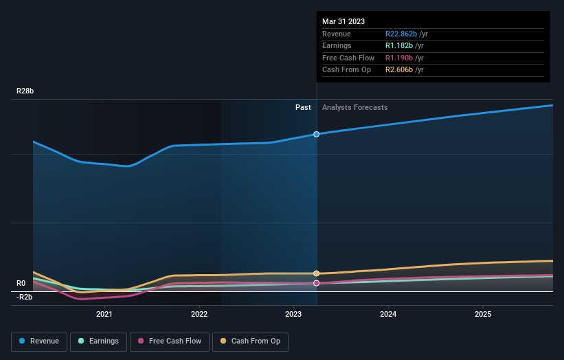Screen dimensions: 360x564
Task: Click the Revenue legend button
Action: tap(39, 341)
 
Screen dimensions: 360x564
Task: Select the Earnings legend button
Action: tap(98, 341)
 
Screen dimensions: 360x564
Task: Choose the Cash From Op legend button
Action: tap(250, 341)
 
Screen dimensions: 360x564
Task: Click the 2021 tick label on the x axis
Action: tap(104, 315)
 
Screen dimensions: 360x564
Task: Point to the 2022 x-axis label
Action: tap(199, 315)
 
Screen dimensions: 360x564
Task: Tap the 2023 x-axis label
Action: tap(293, 315)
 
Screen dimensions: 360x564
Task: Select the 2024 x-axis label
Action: tap(388, 315)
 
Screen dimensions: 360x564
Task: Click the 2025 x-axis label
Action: tap(483, 315)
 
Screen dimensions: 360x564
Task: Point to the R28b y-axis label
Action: tap(26, 91)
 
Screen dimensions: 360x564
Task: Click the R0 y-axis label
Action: tap(21, 283)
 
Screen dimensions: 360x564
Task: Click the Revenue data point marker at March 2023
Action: tap(317, 134)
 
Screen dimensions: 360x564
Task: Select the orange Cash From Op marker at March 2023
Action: tap(317, 273)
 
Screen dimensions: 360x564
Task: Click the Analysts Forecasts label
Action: tap(354, 108)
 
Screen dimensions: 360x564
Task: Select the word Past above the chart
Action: tap(303, 108)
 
